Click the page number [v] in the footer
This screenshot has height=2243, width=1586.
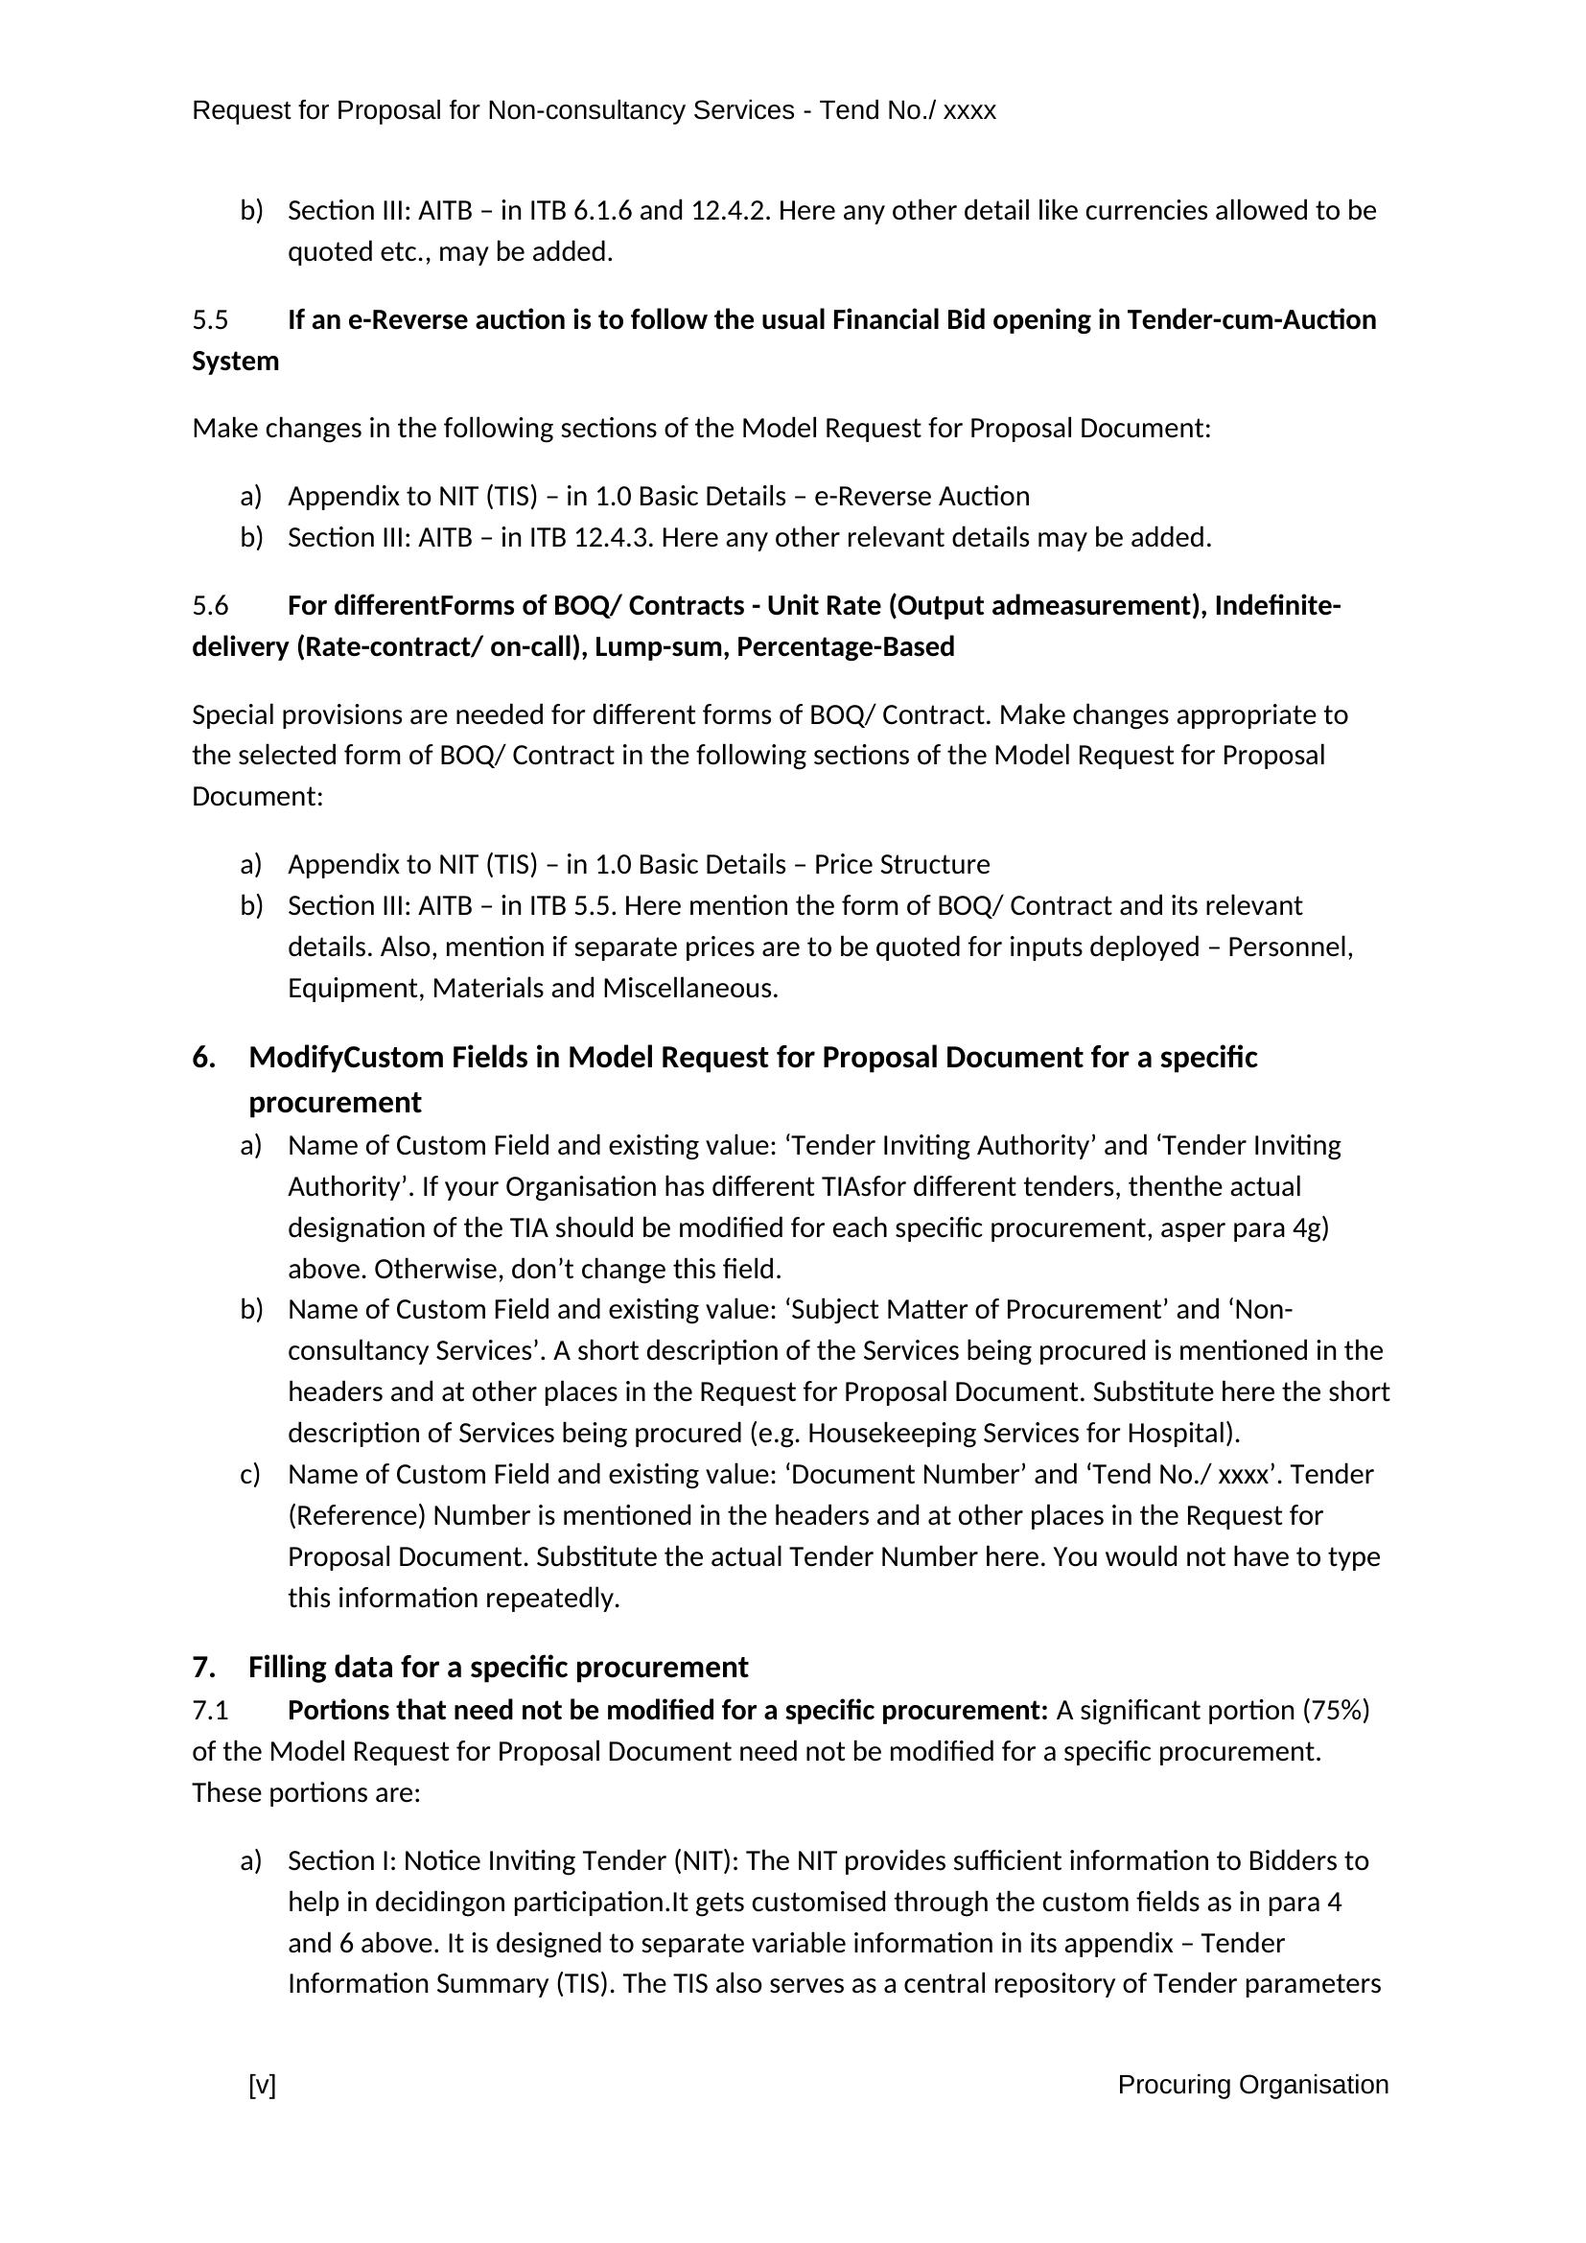tap(262, 2085)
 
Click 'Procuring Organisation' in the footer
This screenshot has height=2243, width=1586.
tap(1252, 2085)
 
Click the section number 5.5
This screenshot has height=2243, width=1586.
tap(210, 320)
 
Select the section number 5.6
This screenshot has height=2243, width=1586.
tap(210, 606)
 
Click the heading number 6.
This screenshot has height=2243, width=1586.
tap(202, 1057)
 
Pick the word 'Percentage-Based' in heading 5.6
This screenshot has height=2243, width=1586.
tap(845, 646)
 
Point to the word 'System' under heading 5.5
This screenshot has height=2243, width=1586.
tap(235, 362)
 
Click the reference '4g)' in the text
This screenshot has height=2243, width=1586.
tap(1310, 1227)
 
